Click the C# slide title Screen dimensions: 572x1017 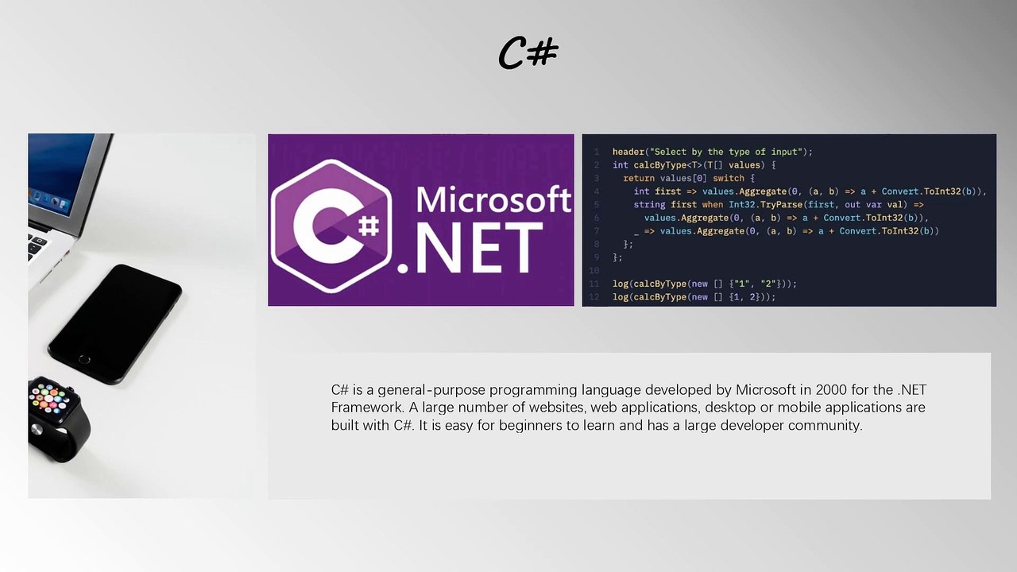(x=528, y=52)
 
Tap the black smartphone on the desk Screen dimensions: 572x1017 (x=115, y=323)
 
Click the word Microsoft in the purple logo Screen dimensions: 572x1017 (x=493, y=199)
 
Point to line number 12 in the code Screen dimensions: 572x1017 (x=594, y=297)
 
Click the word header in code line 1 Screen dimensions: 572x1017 (x=628, y=152)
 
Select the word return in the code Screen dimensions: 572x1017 (x=639, y=178)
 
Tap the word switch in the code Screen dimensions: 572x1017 (x=728, y=178)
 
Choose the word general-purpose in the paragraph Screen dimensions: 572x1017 (x=430, y=390)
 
